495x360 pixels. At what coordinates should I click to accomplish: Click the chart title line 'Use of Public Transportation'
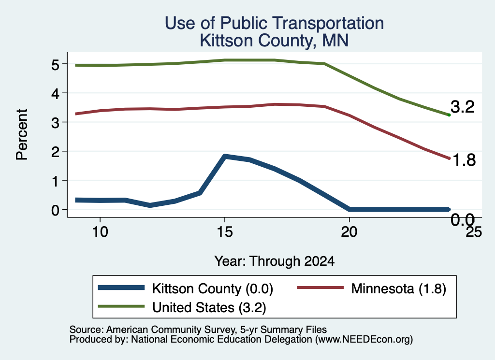point(275,23)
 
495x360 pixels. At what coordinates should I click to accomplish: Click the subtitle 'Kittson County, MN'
point(275,41)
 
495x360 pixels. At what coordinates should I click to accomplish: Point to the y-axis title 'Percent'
point(22,135)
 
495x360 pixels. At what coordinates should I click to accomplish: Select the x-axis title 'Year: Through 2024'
point(275,261)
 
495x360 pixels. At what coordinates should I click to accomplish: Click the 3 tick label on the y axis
point(55,122)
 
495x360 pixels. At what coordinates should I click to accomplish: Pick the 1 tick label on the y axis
point(55,181)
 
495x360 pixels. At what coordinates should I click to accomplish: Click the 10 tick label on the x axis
point(100,232)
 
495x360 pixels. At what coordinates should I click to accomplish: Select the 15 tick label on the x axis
point(225,232)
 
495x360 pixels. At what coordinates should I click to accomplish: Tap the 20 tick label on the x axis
point(349,232)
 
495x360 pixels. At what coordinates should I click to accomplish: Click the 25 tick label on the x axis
point(474,232)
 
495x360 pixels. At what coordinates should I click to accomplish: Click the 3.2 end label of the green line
point(463,107)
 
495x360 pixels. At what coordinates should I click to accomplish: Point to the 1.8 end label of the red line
point(464,160)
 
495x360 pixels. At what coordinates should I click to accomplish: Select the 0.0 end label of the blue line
point(463,219)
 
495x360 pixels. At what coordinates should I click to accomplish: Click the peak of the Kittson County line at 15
point(225,157)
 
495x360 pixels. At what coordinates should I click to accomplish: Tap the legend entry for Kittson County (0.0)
point(186,288)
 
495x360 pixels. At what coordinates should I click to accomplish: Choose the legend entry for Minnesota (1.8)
point(372,288)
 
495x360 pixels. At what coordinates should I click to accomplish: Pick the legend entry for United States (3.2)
point(182,307)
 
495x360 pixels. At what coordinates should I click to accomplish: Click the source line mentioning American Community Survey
point(198,330)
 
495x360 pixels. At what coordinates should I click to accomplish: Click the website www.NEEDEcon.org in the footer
point(364,339)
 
